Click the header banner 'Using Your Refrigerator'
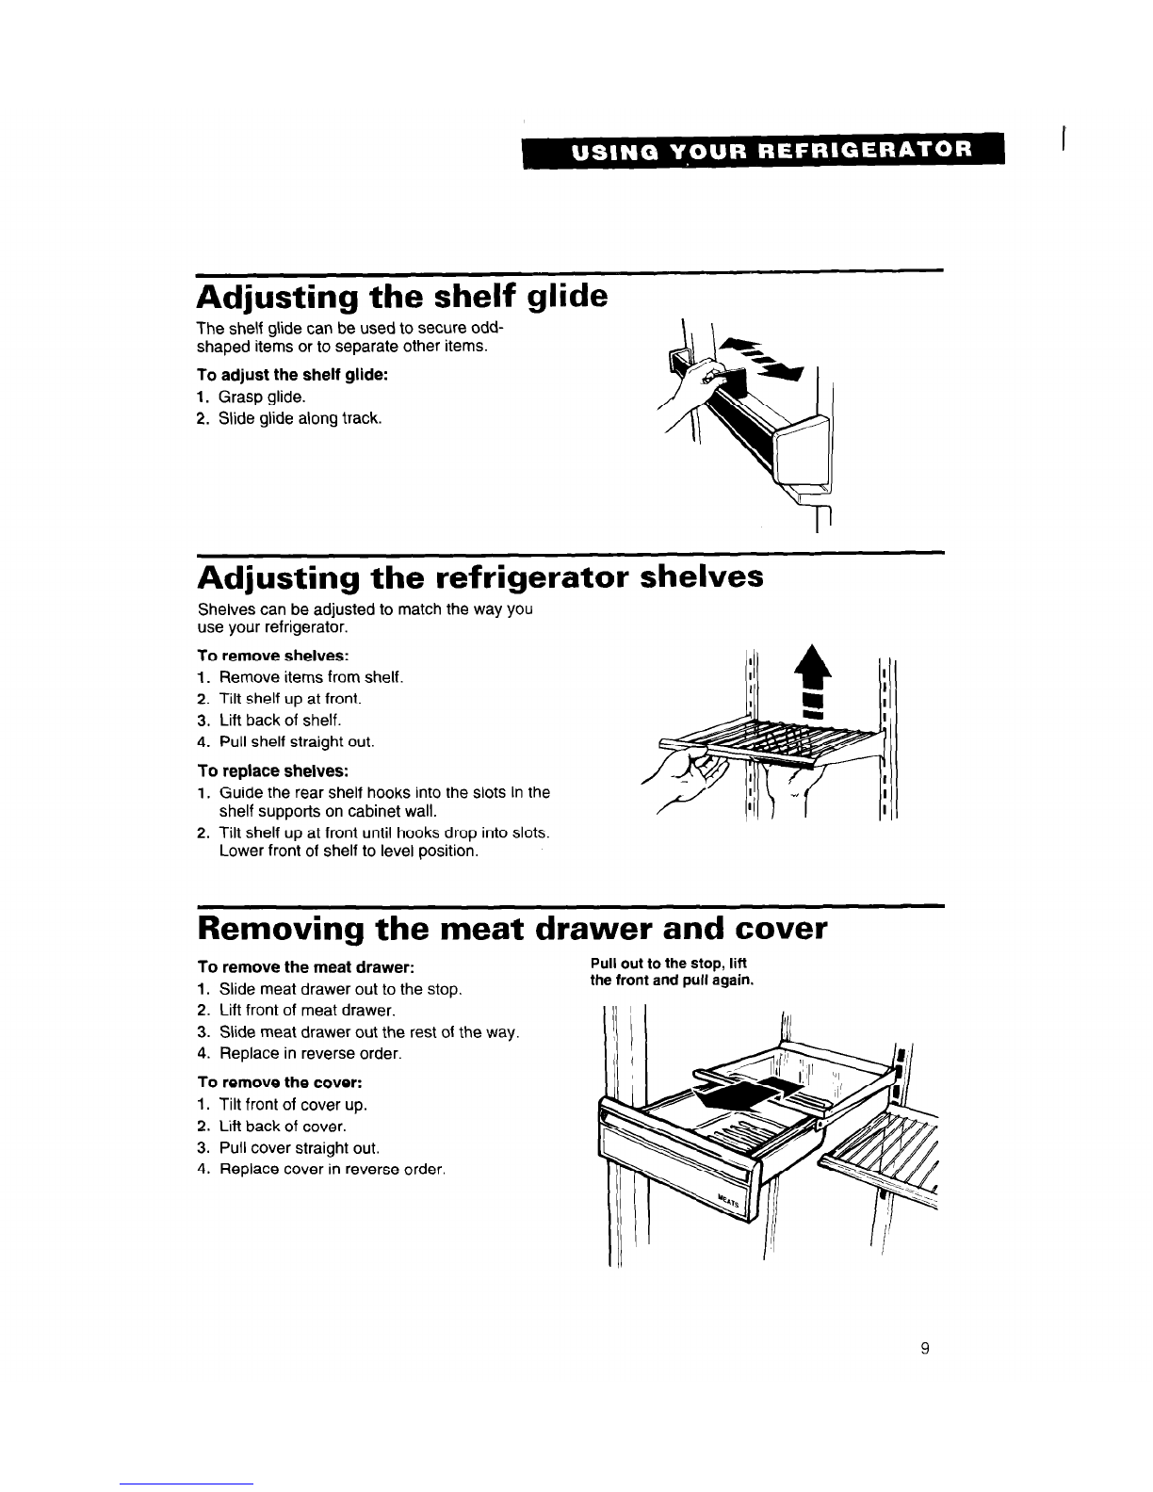(x=763, y=150)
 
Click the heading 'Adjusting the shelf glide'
(x=402, y=297)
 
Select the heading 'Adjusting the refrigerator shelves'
(x=479, y=575)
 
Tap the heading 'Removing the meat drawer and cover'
(x=512, y=929)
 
